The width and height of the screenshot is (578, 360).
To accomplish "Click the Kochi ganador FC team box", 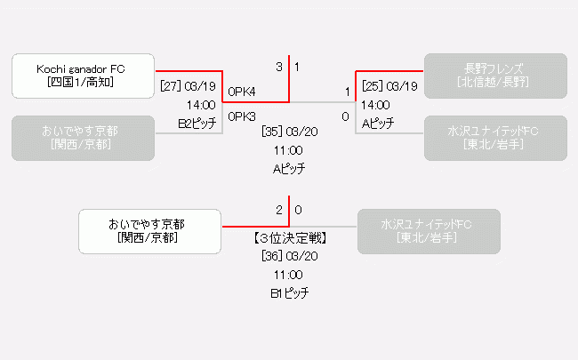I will pos(84,76).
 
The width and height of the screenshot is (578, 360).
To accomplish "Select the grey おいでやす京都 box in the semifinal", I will pos(84,138).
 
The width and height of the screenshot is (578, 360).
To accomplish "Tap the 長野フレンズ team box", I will pos(494,76).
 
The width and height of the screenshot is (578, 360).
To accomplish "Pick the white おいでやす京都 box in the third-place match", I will pos(149,231).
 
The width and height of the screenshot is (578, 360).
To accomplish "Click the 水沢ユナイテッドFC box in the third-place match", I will pos(428,231).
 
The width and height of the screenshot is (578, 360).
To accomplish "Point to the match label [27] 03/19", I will pos(188,86).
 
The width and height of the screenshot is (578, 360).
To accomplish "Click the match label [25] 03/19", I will pos(389,86).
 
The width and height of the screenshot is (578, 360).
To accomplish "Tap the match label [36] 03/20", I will pos(289,256).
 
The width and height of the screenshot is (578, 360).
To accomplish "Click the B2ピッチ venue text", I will pos(196,124).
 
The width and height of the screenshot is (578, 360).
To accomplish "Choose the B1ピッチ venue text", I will pos(289,292).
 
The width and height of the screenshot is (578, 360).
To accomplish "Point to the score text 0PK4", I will pos(242,92).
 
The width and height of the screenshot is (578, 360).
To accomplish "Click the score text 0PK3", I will pos(242,116).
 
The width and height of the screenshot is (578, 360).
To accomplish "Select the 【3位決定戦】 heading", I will pos(289,238).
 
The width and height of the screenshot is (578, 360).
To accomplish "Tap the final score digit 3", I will pos(279,67).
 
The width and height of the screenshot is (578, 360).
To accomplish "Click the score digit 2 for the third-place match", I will pos(279,211).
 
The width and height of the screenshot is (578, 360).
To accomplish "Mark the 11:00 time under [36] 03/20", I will pos(289,275).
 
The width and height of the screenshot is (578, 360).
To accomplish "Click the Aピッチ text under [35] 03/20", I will pos(289,168).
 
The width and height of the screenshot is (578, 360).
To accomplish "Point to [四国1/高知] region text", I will pos(84,83).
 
